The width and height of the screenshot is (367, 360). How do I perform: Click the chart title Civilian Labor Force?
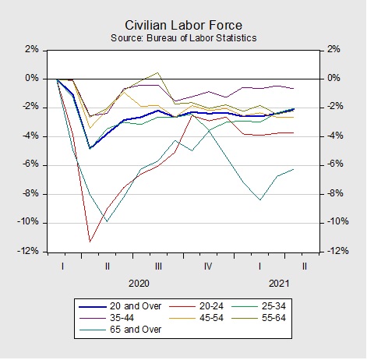tap(183, 26)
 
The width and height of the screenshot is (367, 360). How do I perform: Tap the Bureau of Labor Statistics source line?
tap(183, 38)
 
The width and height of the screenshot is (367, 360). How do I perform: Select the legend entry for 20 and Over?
tap(120, 306)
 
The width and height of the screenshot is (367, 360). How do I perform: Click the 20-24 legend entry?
tap(196, 306)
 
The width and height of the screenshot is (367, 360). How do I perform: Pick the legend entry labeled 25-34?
tap(259, 306)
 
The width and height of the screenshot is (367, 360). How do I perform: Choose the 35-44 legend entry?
tap(107, 318)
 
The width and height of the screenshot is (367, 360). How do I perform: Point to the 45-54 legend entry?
tap(196, 318)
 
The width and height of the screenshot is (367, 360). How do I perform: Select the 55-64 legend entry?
tap(259, 318)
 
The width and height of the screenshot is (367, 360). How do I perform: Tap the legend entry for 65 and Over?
tap(120, 330)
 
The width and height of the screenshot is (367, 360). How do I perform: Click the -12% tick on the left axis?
tap(28, 251)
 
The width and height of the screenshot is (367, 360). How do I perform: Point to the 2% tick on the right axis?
tap(333, 49)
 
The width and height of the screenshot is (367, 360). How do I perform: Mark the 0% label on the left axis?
tap(32, 78)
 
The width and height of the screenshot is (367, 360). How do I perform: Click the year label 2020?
tap(139, 284)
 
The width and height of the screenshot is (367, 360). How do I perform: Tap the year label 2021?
tap(279, 284)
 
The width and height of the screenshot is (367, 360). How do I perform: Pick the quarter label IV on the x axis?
tap(208, 266)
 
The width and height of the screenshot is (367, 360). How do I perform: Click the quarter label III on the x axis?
tap(158, 266)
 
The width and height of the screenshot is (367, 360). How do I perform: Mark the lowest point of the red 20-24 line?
tap(90, 242)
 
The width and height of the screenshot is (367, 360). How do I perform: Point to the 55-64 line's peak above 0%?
tap(157, 72)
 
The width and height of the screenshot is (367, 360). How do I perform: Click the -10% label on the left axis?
tap(28, 222)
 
